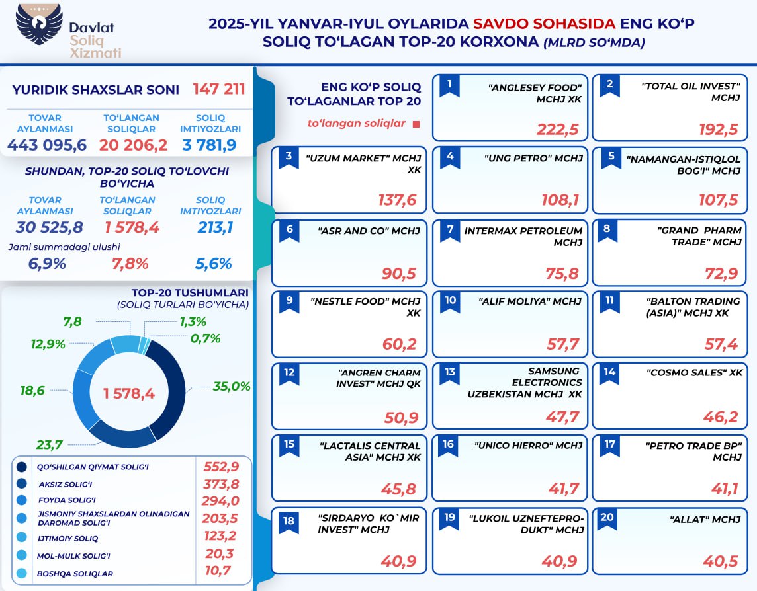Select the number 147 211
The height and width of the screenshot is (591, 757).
point(219,89)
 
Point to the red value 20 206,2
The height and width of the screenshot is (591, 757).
point(133,145)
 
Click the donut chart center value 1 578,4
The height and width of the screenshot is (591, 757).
point(128,393)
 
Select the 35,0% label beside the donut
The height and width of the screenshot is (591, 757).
point(231,387)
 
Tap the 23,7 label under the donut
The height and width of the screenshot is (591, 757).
point(50,444)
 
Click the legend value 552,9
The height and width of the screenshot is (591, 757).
point(221,467)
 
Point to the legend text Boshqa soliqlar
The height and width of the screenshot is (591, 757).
point(75,574)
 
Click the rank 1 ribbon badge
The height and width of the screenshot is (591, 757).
point(449,85)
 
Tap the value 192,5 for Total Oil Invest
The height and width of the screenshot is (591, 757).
point(718,128)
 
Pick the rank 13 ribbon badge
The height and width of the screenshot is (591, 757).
point(449,373)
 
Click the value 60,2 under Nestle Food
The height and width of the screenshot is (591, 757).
point(401,344)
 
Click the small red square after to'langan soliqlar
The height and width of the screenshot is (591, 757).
point(416,124)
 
